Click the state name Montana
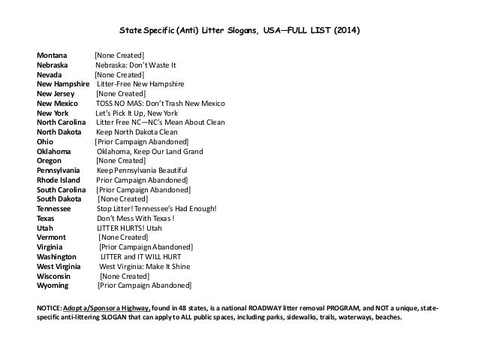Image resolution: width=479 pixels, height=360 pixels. [52, 56]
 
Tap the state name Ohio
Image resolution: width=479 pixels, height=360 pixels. [45, 142]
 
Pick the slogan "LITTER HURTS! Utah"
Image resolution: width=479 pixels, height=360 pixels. [130, 228]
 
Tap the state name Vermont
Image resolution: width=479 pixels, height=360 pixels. [53, 237]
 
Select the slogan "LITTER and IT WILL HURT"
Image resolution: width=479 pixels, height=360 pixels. [143, 257]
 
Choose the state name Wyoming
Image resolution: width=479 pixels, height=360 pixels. [53, 286]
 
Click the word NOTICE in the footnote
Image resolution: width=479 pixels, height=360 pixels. [49, 308]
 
